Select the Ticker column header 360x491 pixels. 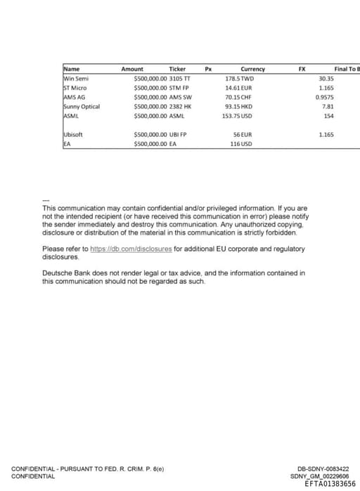click(x=178, y=69)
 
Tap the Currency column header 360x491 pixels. click(x=252, y=69)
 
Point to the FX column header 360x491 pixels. click(x=302, y=69)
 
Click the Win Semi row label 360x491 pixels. click(x=75, y=79)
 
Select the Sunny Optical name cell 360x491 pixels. click(x=82, y=106)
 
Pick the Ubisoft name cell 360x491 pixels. click(x=73, y=133)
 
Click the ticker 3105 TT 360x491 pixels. click(x=180, y=79)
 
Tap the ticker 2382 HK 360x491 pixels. click(x=181, y=106)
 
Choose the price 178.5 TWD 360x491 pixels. click(x=239, y=79)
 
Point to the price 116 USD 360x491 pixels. click(x=240, y=143)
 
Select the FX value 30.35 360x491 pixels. click(x=326, y=79)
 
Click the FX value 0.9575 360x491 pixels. click(x=325, y=97)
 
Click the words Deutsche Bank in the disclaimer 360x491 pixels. click(x=64, y=273)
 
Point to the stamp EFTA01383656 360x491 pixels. click(x=330, y=483)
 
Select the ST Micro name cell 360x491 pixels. click(x=75, y=88)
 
